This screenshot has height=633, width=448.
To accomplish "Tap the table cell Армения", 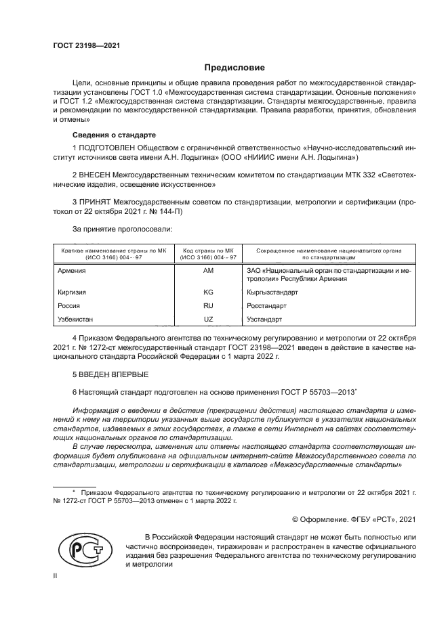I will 69,270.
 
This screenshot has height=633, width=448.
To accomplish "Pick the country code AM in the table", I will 208,270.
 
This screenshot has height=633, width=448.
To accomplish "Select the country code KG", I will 208,292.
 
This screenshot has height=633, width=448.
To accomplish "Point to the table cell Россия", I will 66,305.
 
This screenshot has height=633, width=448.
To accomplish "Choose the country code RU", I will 208,305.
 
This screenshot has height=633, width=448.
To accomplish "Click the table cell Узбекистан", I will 73,318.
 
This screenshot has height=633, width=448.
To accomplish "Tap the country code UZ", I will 208,318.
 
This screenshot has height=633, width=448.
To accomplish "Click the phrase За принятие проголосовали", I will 122,230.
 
